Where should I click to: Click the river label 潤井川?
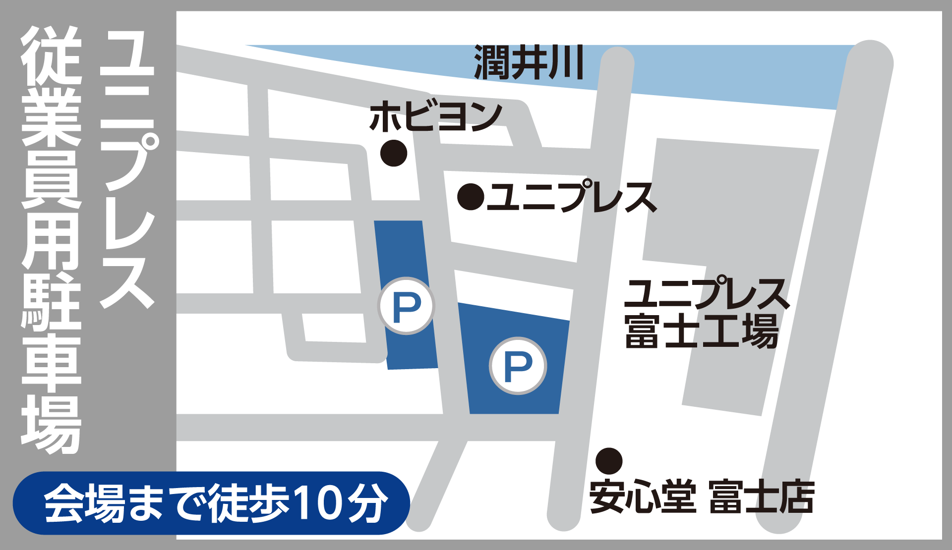pos(529,62)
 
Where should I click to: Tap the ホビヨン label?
pos(435,117)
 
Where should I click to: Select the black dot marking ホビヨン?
pos(394,153)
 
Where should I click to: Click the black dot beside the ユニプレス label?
pos(471,197)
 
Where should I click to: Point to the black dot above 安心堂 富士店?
pos(609,461)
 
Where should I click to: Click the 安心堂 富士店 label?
pos(701,496)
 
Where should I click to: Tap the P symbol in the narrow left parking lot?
pos(406,306)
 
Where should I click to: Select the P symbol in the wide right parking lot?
pos(518,366)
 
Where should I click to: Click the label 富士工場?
pos(701,331)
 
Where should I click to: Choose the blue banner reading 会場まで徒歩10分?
pos(211,503)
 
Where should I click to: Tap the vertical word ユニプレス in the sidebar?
pos(128,168)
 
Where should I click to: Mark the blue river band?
pos(719,74)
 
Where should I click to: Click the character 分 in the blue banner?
pos(367,503)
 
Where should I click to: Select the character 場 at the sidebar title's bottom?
pos(51,424)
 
